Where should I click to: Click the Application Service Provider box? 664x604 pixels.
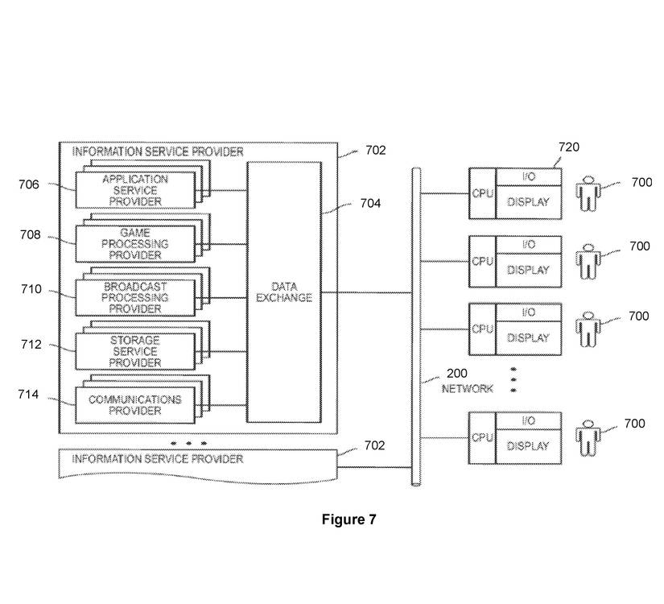tap(135, 190)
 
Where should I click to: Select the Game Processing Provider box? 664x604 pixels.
tap(135, 244)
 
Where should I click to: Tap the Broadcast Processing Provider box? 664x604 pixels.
tap(135, 298)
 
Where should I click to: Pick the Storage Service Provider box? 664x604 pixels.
tap(135, 352)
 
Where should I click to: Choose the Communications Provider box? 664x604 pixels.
tap(135, 405)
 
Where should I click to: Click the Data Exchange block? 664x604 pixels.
tap(283, 292)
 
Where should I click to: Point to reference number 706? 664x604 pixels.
tap(29, 184)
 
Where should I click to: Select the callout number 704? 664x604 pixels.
tap(370, 204)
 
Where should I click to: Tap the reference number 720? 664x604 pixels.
tap(569, 147)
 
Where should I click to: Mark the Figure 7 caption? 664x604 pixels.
tap(348, 519)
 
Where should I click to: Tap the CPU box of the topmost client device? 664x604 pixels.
tap(482, 193)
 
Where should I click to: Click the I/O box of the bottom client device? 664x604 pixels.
tap(529, 421)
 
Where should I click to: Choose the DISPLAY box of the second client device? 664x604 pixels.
tap(529, 271)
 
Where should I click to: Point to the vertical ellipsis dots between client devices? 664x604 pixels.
tap(513, 379)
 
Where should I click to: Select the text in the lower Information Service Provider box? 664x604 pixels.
tap(158, 459)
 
